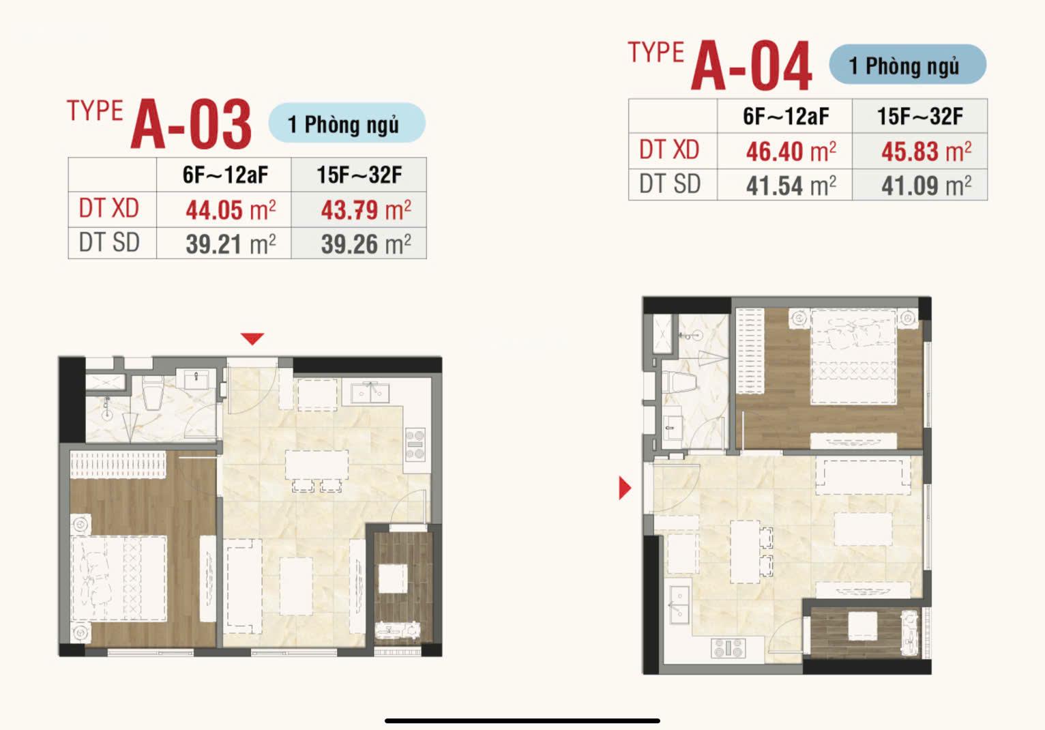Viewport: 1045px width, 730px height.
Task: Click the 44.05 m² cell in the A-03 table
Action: pos(231,210)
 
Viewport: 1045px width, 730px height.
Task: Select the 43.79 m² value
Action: pos(366,210)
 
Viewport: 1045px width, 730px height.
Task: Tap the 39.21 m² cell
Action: pos(231,244)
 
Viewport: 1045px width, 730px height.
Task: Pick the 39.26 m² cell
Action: pos(366,244)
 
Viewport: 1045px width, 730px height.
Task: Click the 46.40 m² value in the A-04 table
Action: pos(791,151)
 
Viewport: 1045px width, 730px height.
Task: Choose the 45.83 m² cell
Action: pos(926,151)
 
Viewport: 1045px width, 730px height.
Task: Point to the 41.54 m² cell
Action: pos(791,186)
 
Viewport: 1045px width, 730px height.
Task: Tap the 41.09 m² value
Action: pos(926,186)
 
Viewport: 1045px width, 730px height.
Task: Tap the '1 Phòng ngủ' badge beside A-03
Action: pos(347,123)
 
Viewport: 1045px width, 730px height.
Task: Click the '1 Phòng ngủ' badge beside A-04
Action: pos(907,64)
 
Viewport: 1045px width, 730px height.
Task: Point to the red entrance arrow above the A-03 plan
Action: pos(252,338)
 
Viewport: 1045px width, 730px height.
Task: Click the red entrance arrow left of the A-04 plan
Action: pos(624,488)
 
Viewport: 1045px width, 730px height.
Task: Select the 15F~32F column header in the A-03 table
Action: pos(359,175)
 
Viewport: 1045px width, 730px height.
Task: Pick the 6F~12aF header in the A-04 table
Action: pos(786,116)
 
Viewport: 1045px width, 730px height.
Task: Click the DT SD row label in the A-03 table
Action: pos(109,243)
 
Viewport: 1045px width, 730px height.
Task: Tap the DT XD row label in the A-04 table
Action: pos(669,150)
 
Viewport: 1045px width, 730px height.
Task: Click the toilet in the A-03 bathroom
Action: pos(152,393)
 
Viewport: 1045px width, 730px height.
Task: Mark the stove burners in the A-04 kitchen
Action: pos(728,648)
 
